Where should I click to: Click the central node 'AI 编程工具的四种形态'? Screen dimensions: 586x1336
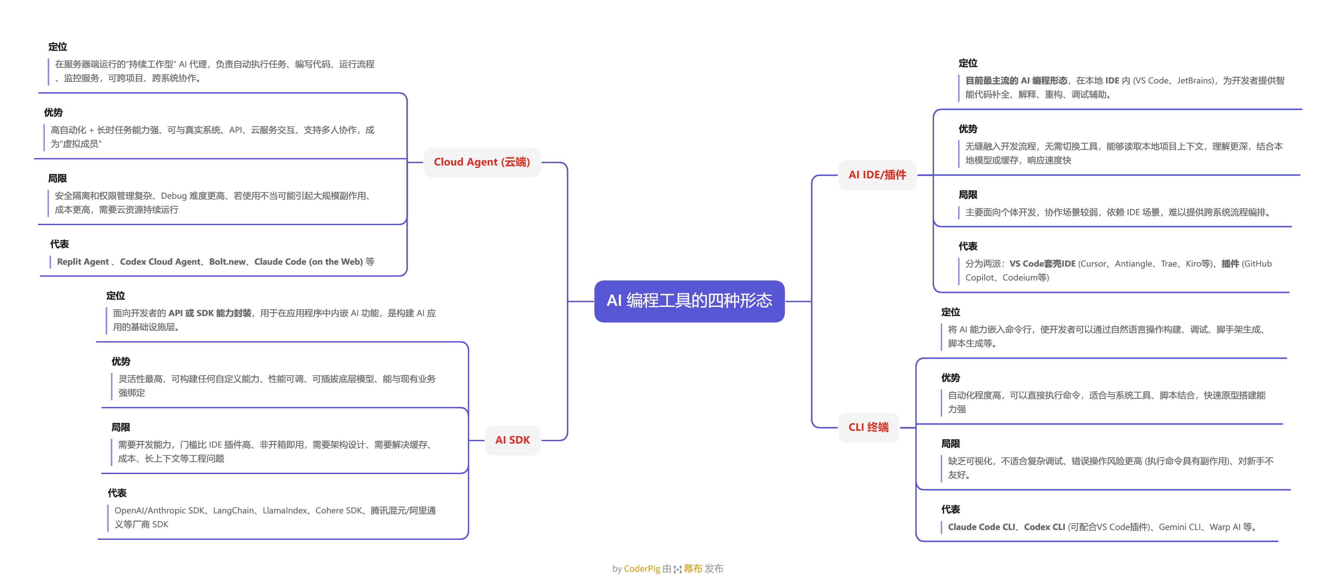click(689, 301)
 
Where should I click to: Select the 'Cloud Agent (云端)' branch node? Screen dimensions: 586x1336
click(481, 162)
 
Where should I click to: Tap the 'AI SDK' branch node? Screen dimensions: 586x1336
click(512, 440)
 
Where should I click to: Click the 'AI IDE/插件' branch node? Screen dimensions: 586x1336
click(877, 175)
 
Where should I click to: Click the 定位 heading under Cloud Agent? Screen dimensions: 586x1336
click(58, 47)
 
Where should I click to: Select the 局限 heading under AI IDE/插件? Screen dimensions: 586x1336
click(968, 195)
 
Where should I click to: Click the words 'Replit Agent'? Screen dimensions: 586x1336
click(83, 262)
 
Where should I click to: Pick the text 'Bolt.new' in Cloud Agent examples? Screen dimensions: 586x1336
click(227, 262)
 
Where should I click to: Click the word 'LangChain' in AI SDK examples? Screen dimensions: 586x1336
click(233, 511)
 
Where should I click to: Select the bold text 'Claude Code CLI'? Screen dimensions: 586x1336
click(981, 527)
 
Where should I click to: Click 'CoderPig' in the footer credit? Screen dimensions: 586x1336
click(642, 569)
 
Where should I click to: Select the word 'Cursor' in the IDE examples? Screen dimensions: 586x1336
click(1093, 264)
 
